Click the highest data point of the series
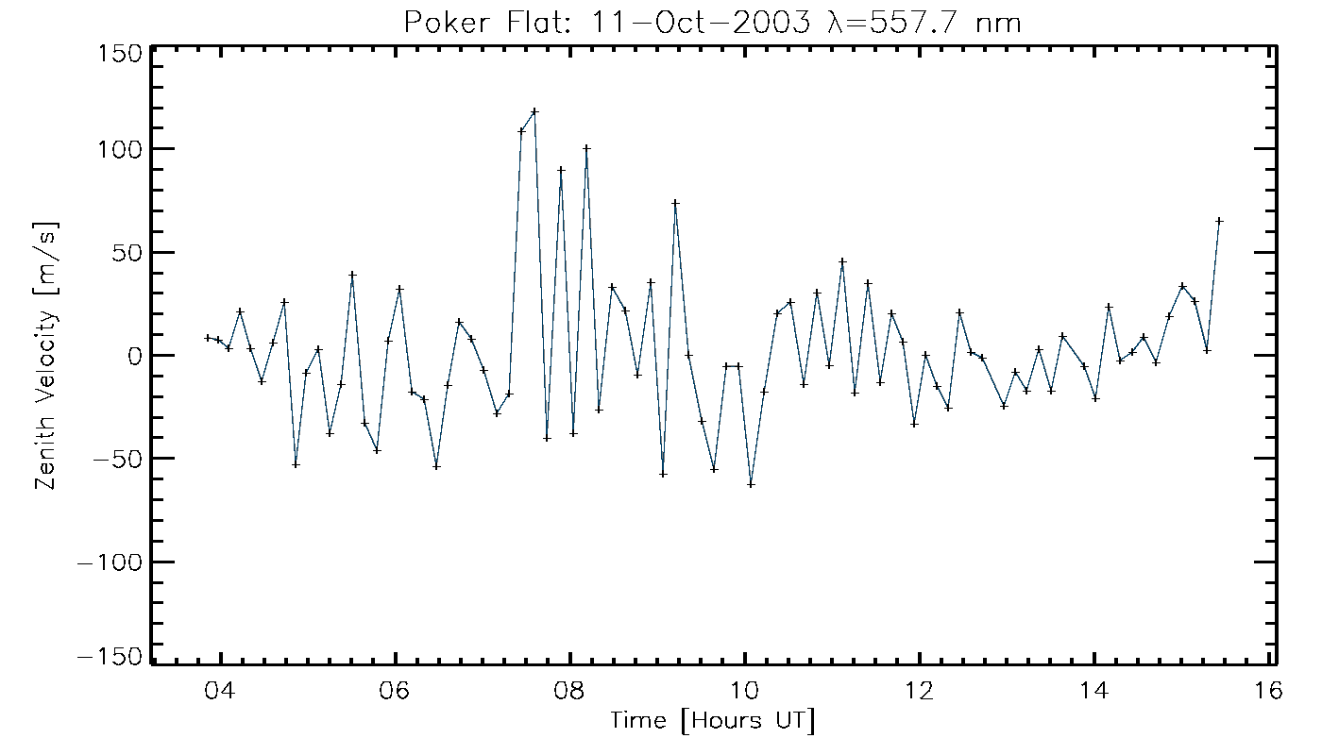(x=534, y=111)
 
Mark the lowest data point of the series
(x=751, y=484)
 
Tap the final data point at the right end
(x=1219, y=221)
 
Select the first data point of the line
(x=208, y=338)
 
